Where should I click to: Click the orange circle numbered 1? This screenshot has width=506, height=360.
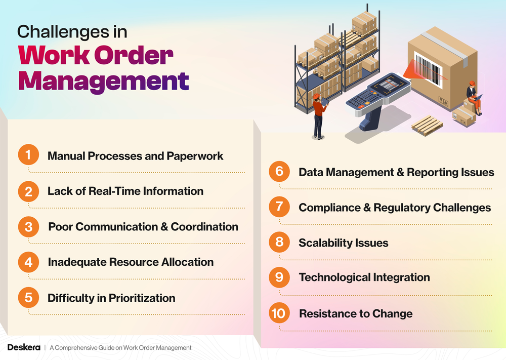pos(28,155)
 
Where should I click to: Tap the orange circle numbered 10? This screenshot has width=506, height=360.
pos(279,313)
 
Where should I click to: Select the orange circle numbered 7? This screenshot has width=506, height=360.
pos(279,207)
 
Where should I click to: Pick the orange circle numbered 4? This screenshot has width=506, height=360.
pos(28,262)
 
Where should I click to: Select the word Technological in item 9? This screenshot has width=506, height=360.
pos(334,277)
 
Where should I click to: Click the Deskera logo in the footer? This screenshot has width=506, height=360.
pos(24,347)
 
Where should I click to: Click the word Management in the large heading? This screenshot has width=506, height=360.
pos(104,81)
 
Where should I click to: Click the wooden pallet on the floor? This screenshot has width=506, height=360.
pos(427,124)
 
